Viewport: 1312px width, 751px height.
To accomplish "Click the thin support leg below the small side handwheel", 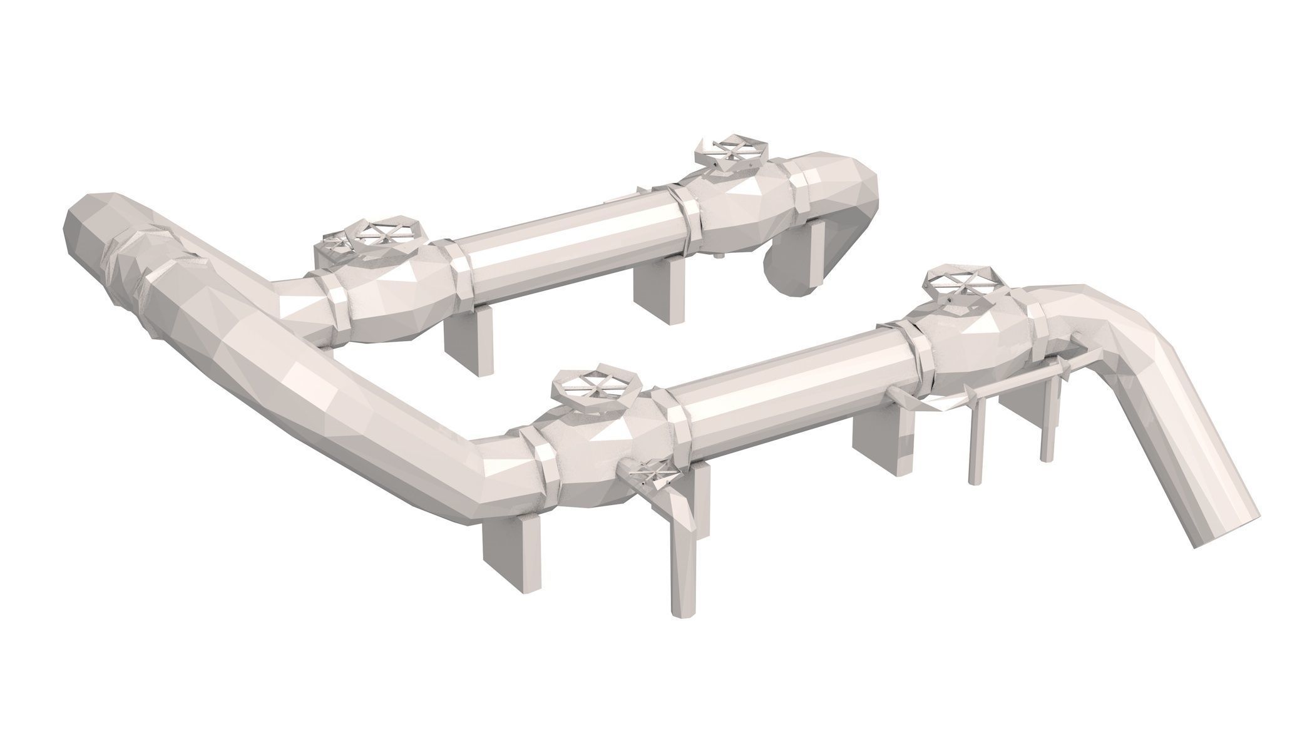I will click(684, 544).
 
